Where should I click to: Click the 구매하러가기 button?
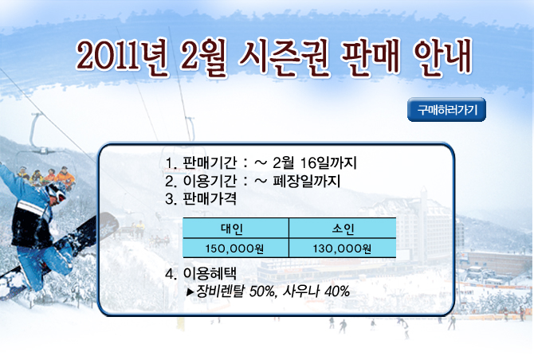pyautogui.click(x=446, y=110)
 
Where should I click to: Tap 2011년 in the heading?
pyautogui.click(x=122, y=57)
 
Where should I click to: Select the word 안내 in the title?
pyautogui.click(x=443, y=57)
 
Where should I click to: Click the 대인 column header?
pyautogui.click(x=232, y=229)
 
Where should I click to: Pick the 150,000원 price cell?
pyautogui.click(x=234, y=248)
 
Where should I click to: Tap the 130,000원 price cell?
pyautogui.click(x=342, y=248)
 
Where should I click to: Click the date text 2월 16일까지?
pyautogui.click(x=315, y=162)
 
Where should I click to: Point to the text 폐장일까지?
pyautogui.click(x=307, y=181)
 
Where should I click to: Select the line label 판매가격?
pyautogui.click(x=210, y=198)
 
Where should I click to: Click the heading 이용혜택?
pyautogui.click(x=210, y=273)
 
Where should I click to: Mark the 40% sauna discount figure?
pyautogui.click(x=337, y=292)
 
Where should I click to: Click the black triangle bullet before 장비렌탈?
pyautogui.click(x=190, y=292)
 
